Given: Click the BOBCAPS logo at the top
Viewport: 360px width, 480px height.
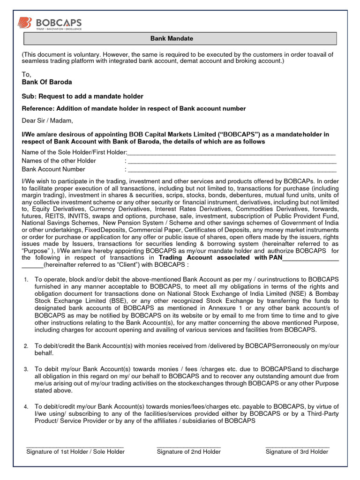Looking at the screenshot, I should [49, 23].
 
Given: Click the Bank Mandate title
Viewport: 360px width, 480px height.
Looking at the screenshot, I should [178, 38].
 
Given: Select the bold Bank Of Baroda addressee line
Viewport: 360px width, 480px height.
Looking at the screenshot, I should [47, 82].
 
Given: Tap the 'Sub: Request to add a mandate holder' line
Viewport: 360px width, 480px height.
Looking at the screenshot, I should [82, 97].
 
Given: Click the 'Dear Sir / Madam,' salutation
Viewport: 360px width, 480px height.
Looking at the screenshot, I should [48, 120].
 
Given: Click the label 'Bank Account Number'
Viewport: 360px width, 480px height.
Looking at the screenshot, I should [53, 169].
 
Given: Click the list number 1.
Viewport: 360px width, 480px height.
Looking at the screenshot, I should [26, 280].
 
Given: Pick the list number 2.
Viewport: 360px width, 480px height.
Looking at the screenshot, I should [26, 346].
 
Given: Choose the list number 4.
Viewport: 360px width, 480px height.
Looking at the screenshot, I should [26, 407].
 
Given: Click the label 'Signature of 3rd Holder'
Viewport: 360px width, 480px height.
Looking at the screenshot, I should [297, 452].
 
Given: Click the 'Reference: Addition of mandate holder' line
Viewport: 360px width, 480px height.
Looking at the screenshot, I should [134, 109].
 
